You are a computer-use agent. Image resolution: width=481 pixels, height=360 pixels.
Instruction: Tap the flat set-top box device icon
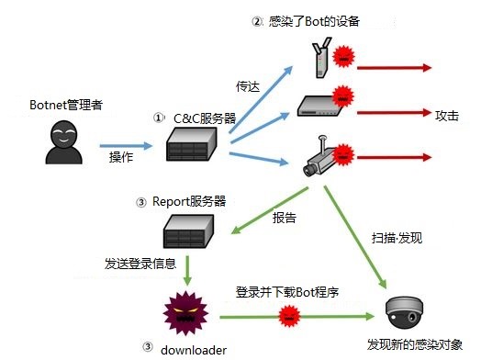(x=321, y=106)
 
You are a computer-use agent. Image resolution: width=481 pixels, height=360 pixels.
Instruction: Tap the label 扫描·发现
(x=397, y=237)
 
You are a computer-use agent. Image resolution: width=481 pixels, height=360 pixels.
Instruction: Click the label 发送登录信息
(x=140, y=264)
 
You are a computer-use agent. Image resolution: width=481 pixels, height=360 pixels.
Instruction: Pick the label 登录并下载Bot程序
(x=287, y=293)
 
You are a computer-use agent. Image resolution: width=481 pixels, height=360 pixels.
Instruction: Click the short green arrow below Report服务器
(x=186, y=270)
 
